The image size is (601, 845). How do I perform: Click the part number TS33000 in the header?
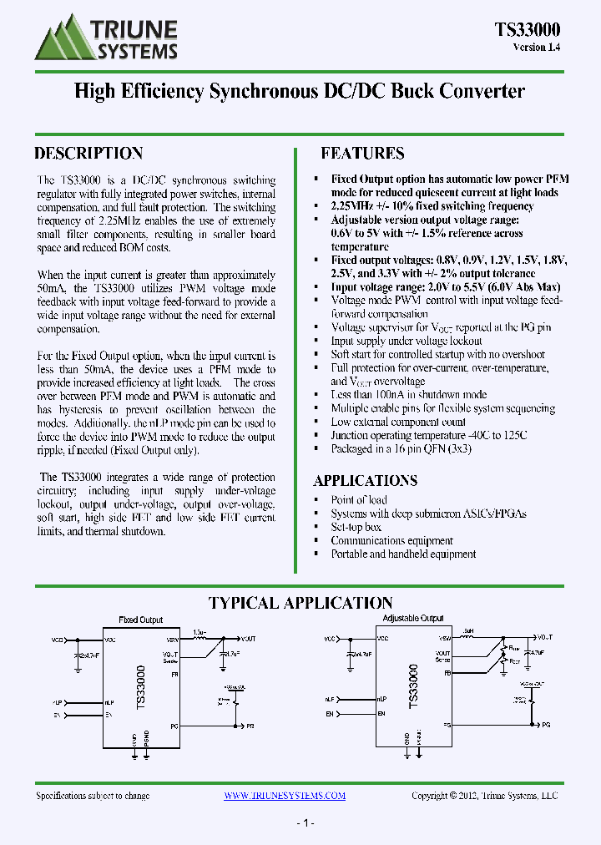(527, 30)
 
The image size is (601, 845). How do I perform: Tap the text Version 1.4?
(536, 48)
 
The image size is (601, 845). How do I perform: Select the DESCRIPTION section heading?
(88, 154)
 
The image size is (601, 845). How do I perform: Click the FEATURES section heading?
(362, 154)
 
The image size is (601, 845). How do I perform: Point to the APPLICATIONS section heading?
(365, 481)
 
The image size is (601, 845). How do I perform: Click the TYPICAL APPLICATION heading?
(300, 603)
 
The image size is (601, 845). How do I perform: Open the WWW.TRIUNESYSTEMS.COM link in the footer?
(285, 796)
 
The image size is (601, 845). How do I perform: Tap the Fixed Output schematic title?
(140, 620)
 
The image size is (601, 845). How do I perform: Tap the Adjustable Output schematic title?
(412, 619)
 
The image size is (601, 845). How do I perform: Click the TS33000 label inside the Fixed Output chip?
(140, 688)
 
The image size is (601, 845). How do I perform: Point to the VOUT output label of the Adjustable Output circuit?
(543, 637)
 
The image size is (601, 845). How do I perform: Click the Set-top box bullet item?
(356, 527)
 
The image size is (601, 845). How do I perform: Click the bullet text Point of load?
(359, 500)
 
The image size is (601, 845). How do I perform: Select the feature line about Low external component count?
(398, 422)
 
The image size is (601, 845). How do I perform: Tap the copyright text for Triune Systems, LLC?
(484, 796)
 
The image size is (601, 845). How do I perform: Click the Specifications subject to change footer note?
(93, 796)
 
